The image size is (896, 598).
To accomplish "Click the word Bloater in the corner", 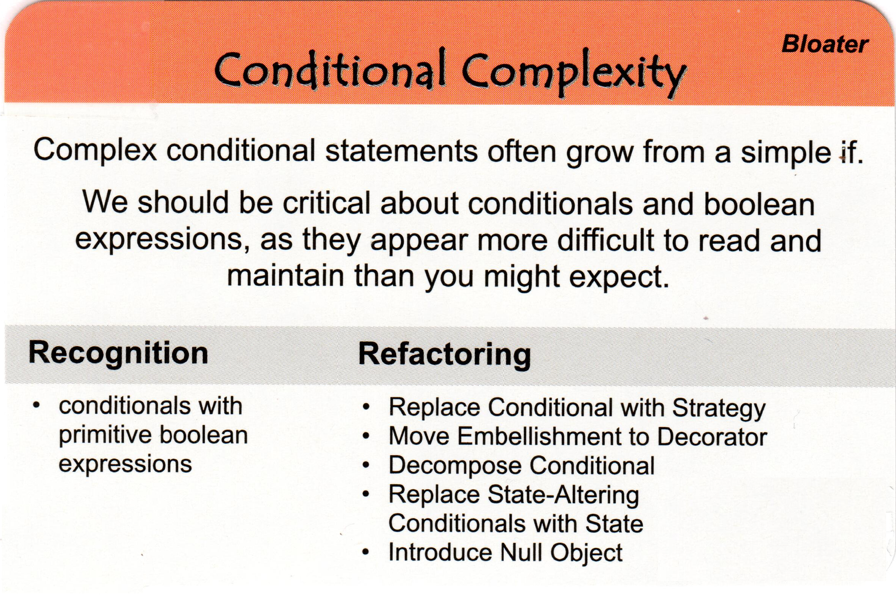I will click(x=825, y=45).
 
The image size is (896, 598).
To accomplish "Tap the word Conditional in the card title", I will click(x=330, y=71).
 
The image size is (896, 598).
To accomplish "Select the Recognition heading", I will click(x=118, y=353).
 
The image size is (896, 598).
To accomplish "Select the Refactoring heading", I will click(x=445, y=355).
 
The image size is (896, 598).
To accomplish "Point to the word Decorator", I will click(x=712, y=437).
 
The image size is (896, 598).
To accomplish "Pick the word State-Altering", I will click(x=563, y=495).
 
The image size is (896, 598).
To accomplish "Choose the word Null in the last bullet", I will click(x=521, y=552).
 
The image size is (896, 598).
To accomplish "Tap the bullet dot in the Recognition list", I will click(x=36, y=405).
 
